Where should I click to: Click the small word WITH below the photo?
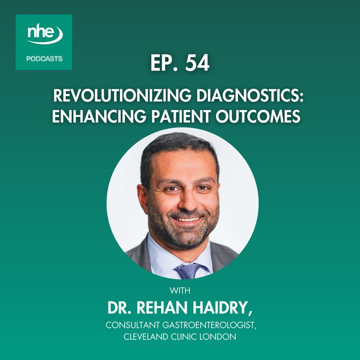coord(180,291)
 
